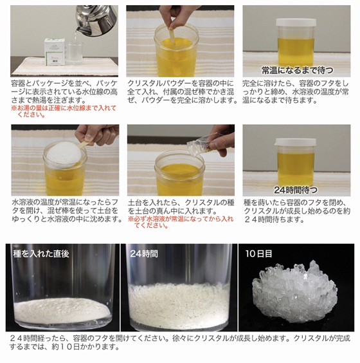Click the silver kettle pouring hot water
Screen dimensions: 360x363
tap(96, 21)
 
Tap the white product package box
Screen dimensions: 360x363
tap(55, 52)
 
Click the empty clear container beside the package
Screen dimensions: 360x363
tap(75, 53)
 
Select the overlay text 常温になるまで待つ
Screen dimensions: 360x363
tap(297, 70)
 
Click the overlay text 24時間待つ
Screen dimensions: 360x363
tap(296, 190)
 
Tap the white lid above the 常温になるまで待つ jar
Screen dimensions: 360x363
tap(296, 23)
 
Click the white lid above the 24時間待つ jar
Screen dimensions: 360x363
tap(296, 142)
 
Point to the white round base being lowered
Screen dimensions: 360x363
tap(64, 153)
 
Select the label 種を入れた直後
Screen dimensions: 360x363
tap(41, 254)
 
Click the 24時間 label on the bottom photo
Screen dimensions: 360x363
tap(144, 254)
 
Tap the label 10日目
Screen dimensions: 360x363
tap(258, 254)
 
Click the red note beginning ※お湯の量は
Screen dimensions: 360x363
tap(64, 111)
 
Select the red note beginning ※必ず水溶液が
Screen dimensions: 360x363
tap(181, 222)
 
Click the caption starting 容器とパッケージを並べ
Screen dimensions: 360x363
tap(64, 92)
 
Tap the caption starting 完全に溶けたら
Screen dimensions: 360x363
tap(296, 92)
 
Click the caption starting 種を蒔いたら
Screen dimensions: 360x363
tap(297, 211)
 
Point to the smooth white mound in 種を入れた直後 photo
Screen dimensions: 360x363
tap(62, 311)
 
